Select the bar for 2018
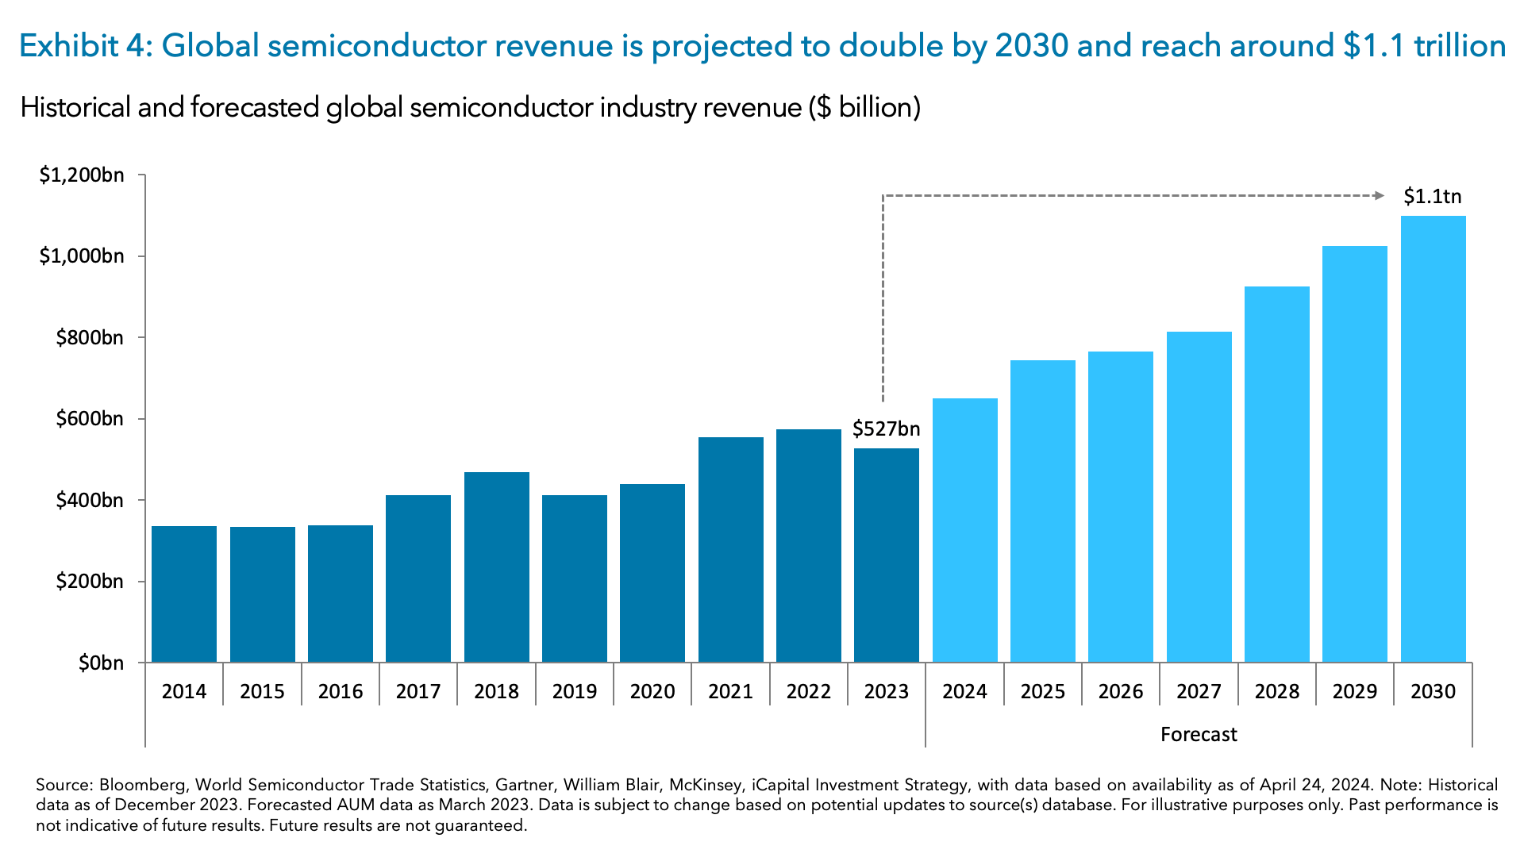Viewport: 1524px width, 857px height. [496, 567]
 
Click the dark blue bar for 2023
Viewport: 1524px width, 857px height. [886, 555]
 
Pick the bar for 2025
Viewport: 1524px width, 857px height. [1042, 511]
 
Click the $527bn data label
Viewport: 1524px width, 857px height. [886, 429]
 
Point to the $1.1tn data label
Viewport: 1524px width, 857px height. [1432, 196]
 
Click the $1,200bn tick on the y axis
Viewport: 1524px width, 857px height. [82, 175]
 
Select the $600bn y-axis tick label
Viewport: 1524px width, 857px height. [90, 418]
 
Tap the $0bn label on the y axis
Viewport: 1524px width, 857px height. [101, 663]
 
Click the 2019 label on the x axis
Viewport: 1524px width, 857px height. [574, 691]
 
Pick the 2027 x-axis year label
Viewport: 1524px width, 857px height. [1199, 691]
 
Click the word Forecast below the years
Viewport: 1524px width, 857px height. [1199, 734]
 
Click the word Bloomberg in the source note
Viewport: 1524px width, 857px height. [143, 785]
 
